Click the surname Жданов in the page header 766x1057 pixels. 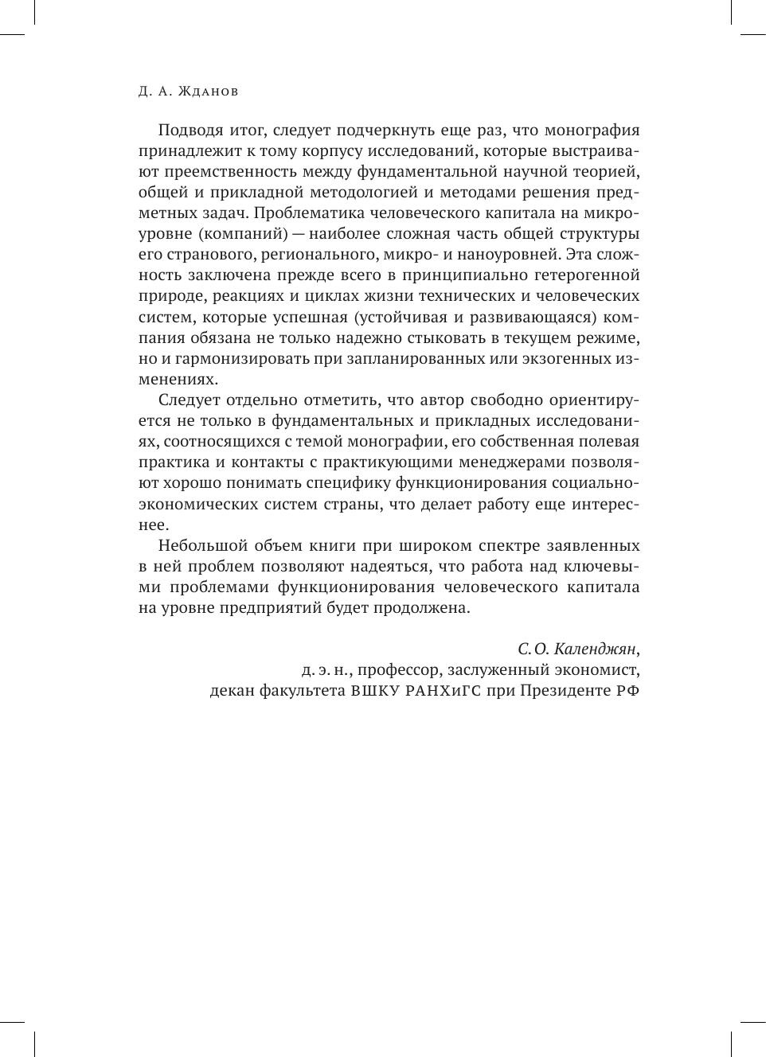pos(209,92)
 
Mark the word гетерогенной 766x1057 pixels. pos(590,275)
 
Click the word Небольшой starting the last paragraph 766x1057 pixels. pos(197,546)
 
